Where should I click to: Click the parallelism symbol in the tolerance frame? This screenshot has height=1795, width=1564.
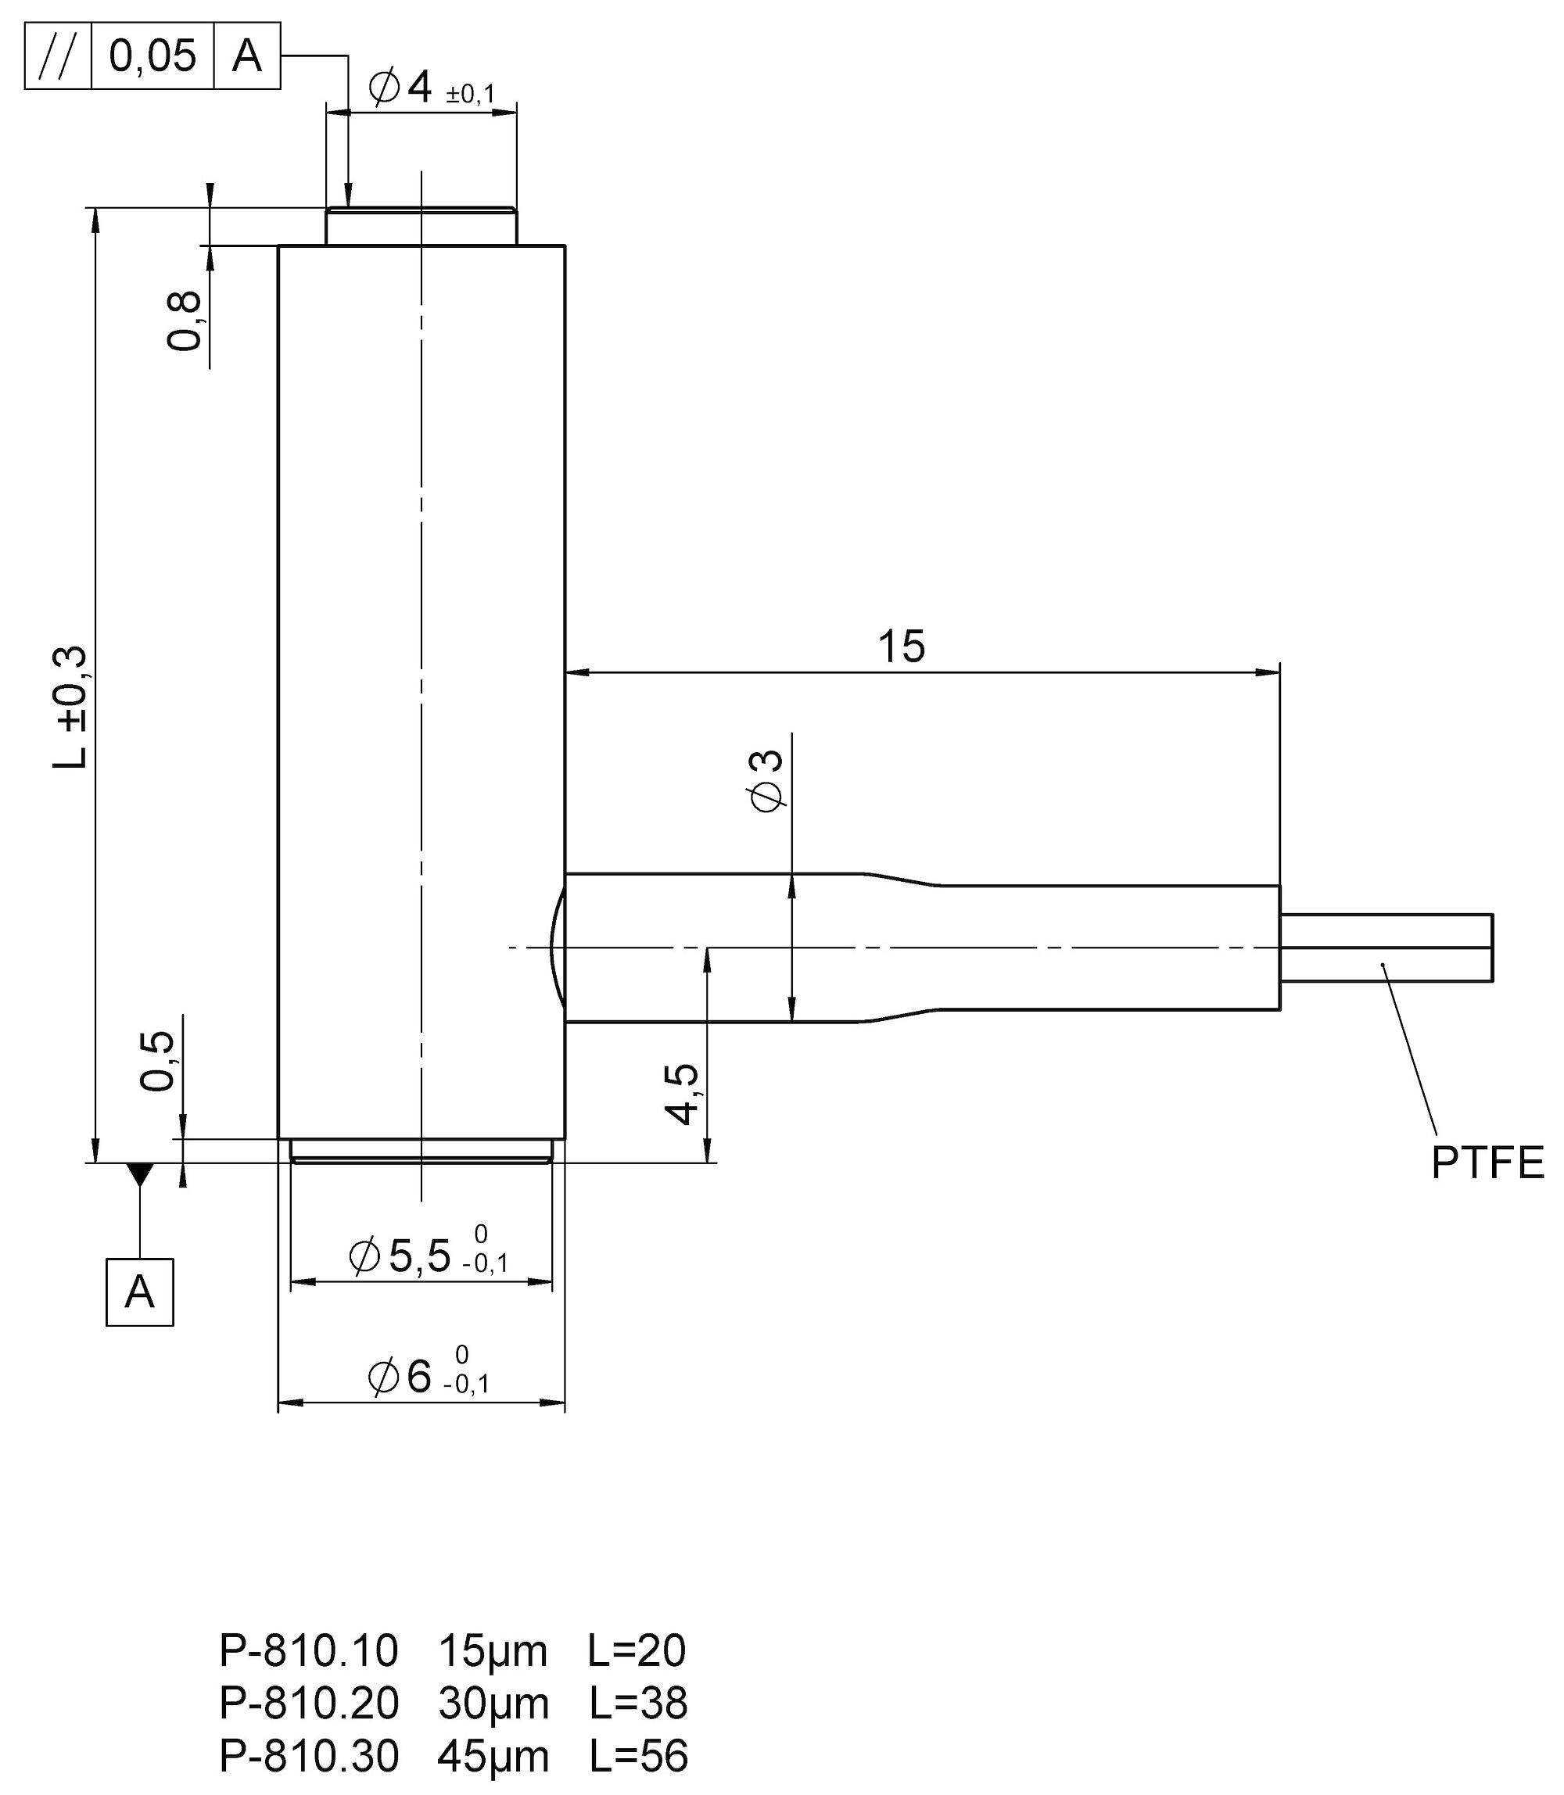58,56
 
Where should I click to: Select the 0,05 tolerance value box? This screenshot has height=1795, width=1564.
152,56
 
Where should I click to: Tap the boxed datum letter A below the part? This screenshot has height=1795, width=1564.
140,1292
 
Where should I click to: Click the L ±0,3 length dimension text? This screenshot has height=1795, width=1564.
70,707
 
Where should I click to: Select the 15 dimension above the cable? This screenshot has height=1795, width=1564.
901,647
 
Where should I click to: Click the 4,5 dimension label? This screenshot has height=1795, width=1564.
682,1095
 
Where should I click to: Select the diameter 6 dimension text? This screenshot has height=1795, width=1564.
428,1377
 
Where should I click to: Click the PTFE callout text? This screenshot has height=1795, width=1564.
1487,1163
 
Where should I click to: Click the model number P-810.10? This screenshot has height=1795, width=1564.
308,1651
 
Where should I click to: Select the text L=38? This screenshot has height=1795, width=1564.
638,1704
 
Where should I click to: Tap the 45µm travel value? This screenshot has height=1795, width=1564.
493,1756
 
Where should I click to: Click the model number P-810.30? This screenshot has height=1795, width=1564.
308,1756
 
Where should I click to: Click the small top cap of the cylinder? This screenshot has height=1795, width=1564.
421,226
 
